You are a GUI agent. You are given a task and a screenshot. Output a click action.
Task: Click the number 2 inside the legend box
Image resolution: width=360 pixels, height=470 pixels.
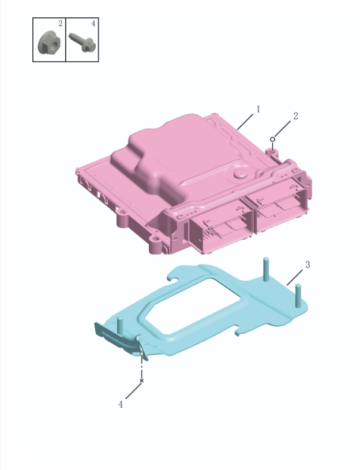pyautogui.click(x=60, y=24)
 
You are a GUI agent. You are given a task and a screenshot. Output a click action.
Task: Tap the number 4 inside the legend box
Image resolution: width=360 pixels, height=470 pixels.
pyautogui.click(x=93, y=24)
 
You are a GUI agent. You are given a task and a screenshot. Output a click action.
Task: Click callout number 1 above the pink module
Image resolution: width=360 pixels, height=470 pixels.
pyautogui.click(x=258, y=108)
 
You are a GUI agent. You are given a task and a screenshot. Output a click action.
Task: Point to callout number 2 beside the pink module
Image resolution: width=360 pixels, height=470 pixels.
pyautogui.click(x=295, y=115)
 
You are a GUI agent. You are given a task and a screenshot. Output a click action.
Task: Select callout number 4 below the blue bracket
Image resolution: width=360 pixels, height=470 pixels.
pyautogui.click(x=121, y=405)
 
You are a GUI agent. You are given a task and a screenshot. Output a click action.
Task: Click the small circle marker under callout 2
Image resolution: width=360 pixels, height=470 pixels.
pyautogui.click(x=272, y=139)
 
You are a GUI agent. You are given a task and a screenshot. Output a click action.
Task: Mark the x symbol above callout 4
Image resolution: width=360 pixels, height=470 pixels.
pyautogui.click(x=141, y=381)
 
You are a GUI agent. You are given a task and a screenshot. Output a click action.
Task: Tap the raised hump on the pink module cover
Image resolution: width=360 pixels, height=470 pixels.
pyautogui.click(x=173, y=153)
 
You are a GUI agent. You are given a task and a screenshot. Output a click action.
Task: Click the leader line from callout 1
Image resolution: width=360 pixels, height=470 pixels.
pyautogui.click(x=244, y=121)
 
